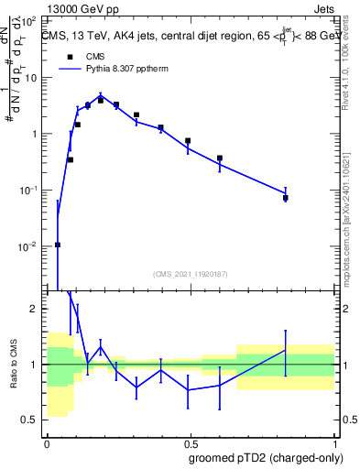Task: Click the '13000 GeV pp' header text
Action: click(x=82, y=7)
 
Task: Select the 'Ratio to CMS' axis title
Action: click(x=15, y=364)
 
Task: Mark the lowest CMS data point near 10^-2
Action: click(x=58, y=245)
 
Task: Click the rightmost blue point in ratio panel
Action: click(x=286, y=350)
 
